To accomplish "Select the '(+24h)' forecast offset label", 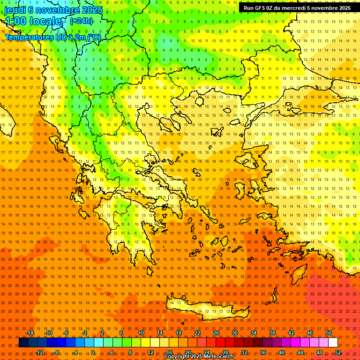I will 81,21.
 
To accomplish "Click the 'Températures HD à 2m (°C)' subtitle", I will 52,37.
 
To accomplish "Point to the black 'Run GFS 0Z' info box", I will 297,8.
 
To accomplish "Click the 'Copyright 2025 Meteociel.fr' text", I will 199,357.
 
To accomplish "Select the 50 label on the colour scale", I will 329,333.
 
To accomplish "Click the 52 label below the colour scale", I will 338,352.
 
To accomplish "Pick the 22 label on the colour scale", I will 197,333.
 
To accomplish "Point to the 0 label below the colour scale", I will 93,352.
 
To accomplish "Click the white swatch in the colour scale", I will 333,343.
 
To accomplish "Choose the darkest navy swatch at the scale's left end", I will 23,343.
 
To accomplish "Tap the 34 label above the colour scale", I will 254,333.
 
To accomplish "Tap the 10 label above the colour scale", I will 141,333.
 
